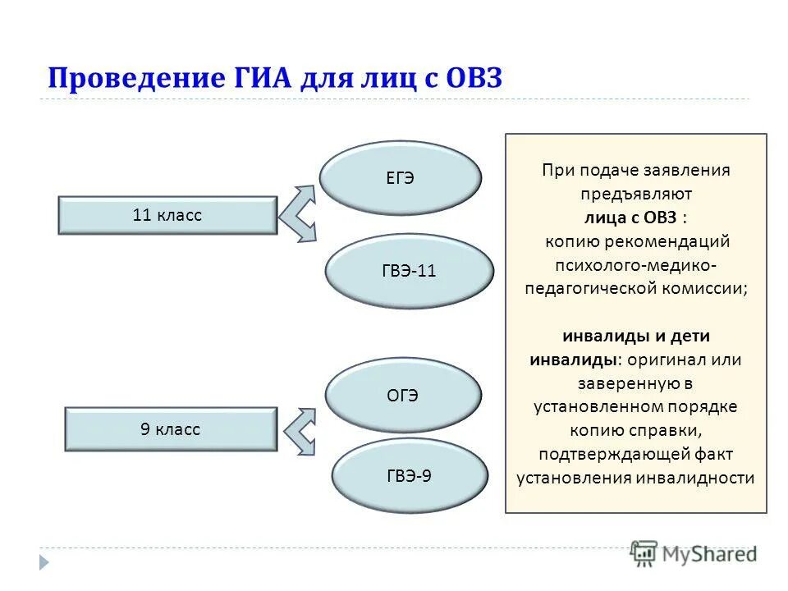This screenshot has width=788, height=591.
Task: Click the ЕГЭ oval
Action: pyautogui.click(x=400, y=179)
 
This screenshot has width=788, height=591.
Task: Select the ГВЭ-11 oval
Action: pyautogui.click(x=410, y=271)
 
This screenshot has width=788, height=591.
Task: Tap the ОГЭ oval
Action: pyautogui.click(x=403, y=396)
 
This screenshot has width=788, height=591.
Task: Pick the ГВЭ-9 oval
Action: pyautogui.click(x=410, y=475)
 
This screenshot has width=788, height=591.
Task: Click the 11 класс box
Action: pyautogui.click(x=167, y=215)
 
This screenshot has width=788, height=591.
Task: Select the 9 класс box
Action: pyautogui.click(x=171, y=429)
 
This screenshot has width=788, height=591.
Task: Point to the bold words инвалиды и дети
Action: pyautogui.click(x=636, y=337)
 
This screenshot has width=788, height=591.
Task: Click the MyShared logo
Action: pyautogui.click(x=694, y=552)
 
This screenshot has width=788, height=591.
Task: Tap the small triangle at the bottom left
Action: pyautogui.click(x=44, y=562)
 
